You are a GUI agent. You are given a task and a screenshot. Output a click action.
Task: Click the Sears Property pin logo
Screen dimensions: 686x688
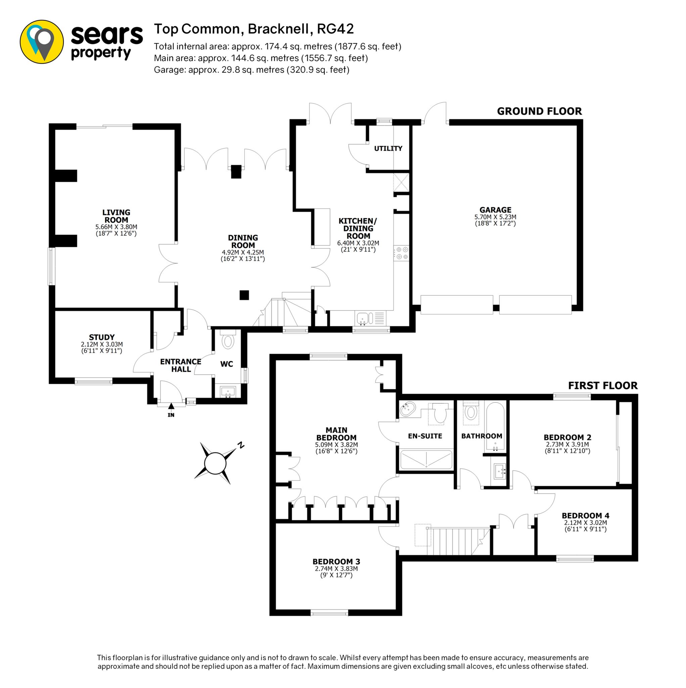(x=42, y=42)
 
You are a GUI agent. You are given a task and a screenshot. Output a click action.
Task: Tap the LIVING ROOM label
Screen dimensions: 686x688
(x=116, y=216)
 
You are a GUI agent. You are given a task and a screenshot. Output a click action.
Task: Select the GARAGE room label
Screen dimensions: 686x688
(x=495, y=210)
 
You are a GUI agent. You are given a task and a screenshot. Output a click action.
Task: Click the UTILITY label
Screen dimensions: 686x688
(x=388, y=148)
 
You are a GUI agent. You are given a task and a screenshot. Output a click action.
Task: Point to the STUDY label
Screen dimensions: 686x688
(x=102, y=337)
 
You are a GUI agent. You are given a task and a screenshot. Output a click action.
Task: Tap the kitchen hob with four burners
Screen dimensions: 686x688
(x=401, y=253)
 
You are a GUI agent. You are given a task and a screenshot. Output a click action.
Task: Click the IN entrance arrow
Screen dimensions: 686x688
(x=171, y=406)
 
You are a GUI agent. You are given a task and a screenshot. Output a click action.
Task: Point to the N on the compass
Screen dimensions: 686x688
(x=241, y=445)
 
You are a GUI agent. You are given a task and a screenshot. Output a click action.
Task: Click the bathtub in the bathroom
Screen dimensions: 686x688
(x=495, y=427)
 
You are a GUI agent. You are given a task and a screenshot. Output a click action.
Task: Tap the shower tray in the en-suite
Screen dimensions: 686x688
(x=426, y=459)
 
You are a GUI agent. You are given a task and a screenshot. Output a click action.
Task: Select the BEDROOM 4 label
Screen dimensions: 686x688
(x=586, y=515)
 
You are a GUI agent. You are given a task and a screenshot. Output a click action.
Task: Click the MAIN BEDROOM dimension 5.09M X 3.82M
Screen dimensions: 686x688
(x=336, y=444)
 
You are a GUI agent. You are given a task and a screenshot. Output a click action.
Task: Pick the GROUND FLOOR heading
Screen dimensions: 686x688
(x=539, y=112)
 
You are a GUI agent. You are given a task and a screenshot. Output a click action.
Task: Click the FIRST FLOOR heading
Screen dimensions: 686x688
(x=603, y=386)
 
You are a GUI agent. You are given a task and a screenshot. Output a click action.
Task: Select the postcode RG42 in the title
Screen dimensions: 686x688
(x=336, y=29)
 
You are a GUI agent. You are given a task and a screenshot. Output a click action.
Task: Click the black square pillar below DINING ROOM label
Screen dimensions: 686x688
(x=244, y=295)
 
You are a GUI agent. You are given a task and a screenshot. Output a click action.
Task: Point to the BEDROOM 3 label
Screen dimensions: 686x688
(x=336, y=562)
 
